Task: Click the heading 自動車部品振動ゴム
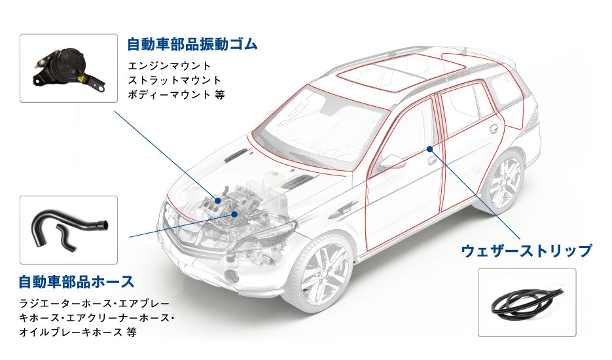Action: click(x=192, y=45)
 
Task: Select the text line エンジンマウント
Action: click(x=170, y=66)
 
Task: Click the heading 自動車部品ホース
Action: click(x=77, y=282)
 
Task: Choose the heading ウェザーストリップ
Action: click(x=526, y=251)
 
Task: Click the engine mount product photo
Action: click(x=69, y=69)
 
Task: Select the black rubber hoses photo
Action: click(x=69, y=226)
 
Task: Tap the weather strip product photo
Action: click(x=526, y=302)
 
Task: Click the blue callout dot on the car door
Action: click(x=429, y=149)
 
